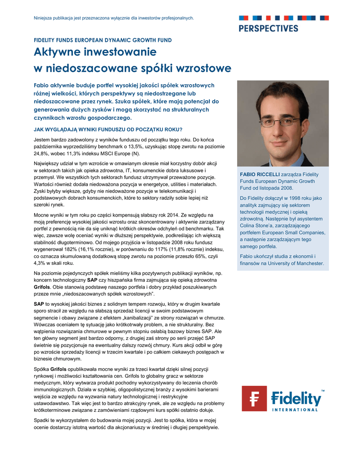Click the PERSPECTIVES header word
click(x=269, y=29)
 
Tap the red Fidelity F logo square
click(x=254, y=399)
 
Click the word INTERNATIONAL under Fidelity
click(x=296, y=410)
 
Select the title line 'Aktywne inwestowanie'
click(x=95, y=52)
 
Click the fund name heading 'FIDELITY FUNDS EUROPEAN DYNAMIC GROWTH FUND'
click(x=103, y=40)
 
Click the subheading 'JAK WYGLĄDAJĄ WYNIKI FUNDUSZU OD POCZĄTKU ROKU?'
click(x=108, y=129)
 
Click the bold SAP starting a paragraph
click(x=39, y=303)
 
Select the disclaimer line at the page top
click(x=114, y=18)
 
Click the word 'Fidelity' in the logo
click(x=295, y=398)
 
